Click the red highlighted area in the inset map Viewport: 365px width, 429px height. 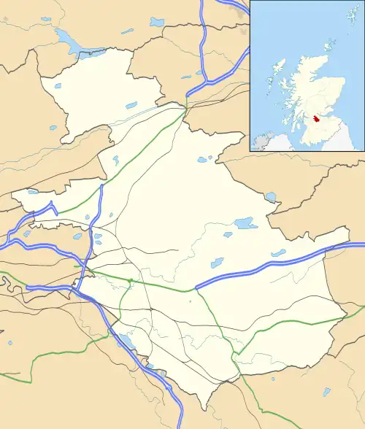[x=315, y=118]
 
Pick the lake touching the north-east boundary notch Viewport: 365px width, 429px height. [x=272, y=196]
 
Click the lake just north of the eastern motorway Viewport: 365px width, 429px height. [x=278, y=253]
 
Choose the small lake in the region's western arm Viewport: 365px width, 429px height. [x=32, y=193]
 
